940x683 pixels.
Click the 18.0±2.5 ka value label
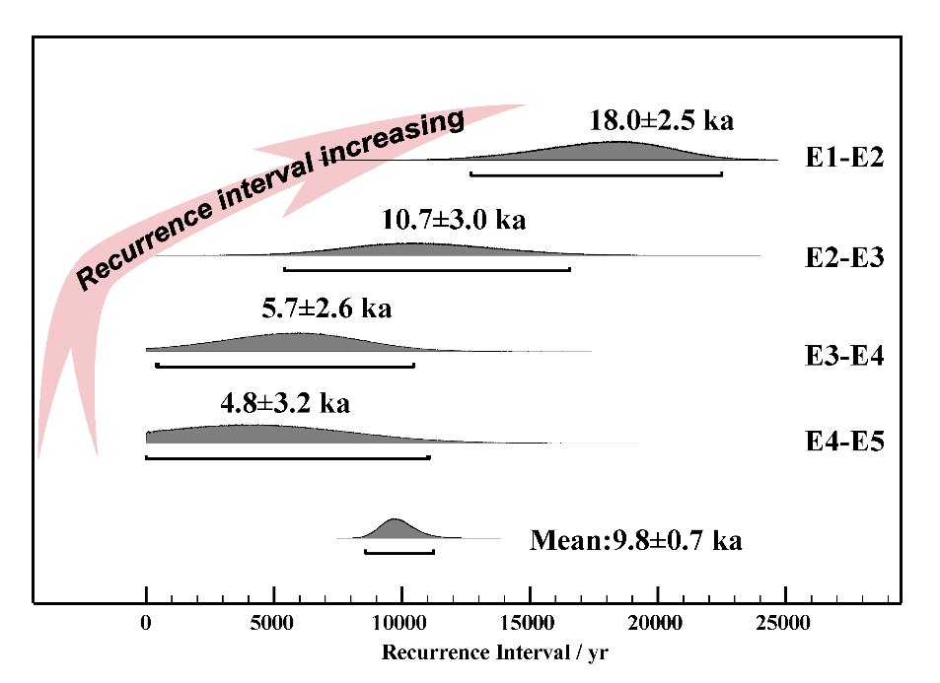point(661,122)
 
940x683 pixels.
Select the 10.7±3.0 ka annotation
point(453,219)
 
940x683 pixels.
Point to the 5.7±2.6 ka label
point(326,308)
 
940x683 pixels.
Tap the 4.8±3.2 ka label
point(284,402)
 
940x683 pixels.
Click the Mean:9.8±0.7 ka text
point(635,540)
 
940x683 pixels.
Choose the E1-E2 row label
point(843,158)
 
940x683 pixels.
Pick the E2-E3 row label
point(843,258)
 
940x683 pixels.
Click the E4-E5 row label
point(843,441)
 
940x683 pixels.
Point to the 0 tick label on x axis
point(146,623)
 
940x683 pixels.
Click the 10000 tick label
point(400,623)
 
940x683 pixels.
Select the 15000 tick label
point(529,623)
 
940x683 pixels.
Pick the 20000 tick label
point(656,623)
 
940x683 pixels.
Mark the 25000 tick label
point(783,623)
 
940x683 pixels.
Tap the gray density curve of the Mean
point(395,529)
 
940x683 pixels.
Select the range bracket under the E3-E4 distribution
point(285,367)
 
